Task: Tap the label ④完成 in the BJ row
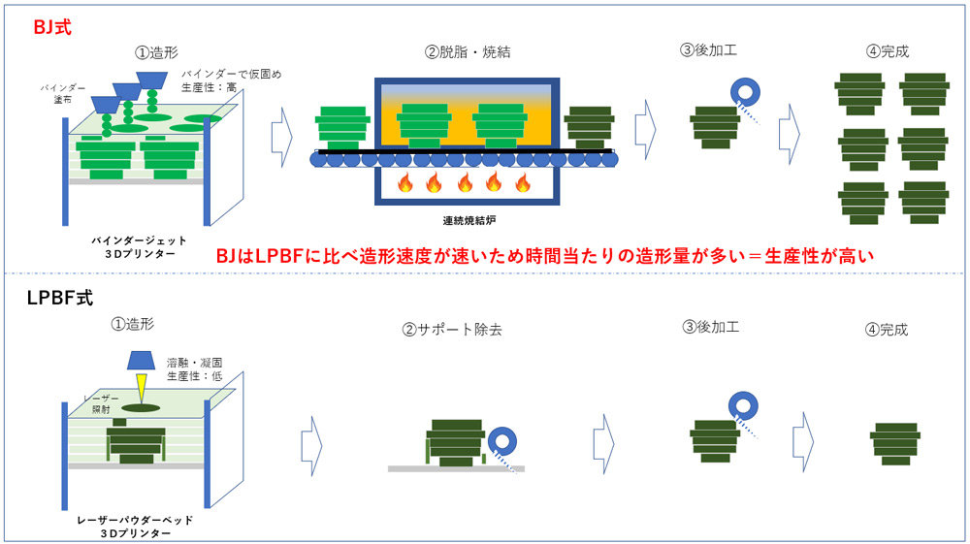[x=888, y=50]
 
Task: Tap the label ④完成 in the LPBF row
[x=887, y=330]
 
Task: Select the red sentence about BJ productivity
[x=544, y=256]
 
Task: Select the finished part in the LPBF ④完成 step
[x=894, y=443]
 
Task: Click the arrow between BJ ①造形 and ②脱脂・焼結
[x=280, y=125]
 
